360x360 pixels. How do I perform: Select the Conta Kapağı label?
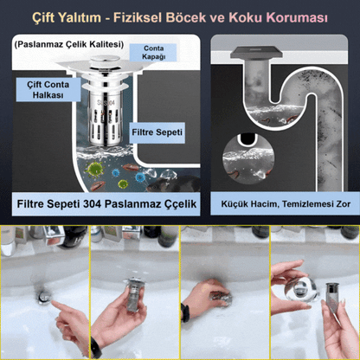pyautogui.click(x=153, y=53)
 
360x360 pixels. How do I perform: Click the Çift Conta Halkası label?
pyautogui.click(x=48, y=89)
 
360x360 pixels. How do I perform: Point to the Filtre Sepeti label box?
pyautogui.click(x=157, y=132)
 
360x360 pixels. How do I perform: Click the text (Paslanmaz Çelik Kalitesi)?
pyautogui.click(x=69, y=44)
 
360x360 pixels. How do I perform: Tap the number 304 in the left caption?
pyautogui.click(x=93, y=204)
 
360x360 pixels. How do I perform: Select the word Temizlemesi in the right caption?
pyautogui.click(x=308, y=204)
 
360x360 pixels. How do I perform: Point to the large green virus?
pyautogui.click(x=95, y=169)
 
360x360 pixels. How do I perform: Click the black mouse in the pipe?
pyautogui.click(x=172, y=184)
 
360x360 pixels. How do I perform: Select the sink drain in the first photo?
pyautogui.click(x=45, y=297)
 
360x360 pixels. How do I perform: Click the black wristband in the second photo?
pyautogui.click(x=96, y=348)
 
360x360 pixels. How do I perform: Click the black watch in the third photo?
pyautogui.click(x=185, y=313)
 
